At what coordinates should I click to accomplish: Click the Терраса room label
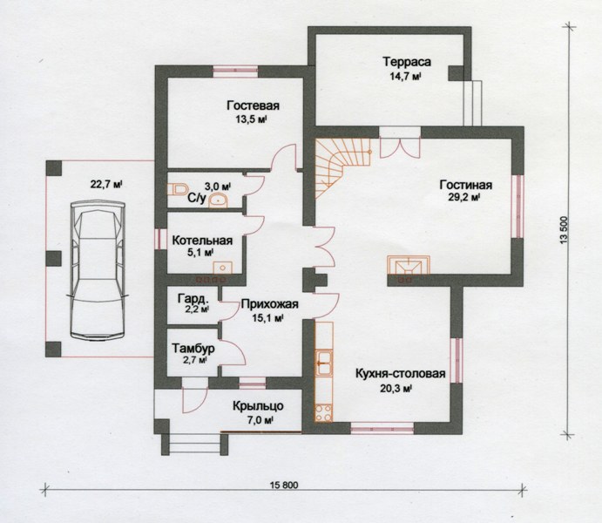pos(407,61)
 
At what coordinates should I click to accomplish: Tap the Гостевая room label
pos(253,105)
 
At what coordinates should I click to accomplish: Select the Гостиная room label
pos(466,185)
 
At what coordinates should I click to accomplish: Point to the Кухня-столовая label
pos(401,374)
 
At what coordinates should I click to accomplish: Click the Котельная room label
pos(202,241)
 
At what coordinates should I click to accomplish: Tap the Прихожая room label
pos(269,304)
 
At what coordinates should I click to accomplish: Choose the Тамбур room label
pos(193,349)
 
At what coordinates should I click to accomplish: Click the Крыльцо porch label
pos(258,406)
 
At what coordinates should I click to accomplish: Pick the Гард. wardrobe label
pos(194,298)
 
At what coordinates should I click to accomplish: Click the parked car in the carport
pos(97,271)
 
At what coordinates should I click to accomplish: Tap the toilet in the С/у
pos(177,189)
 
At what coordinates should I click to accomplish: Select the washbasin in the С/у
pos(218,200)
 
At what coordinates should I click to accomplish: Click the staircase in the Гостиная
pos(343,168)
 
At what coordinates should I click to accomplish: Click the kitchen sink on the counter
pos(324,363)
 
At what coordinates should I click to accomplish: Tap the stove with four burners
pos(323,413)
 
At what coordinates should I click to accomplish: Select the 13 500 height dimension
pos(564,230)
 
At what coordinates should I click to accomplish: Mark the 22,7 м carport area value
pos(106,184)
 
